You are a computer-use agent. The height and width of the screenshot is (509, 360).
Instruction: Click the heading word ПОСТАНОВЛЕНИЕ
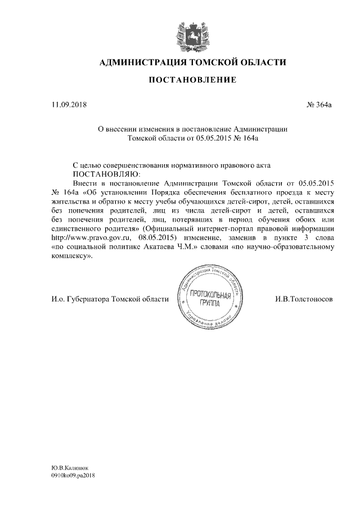point(192,80)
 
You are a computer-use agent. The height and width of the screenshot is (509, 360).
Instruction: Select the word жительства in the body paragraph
point(69,201)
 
